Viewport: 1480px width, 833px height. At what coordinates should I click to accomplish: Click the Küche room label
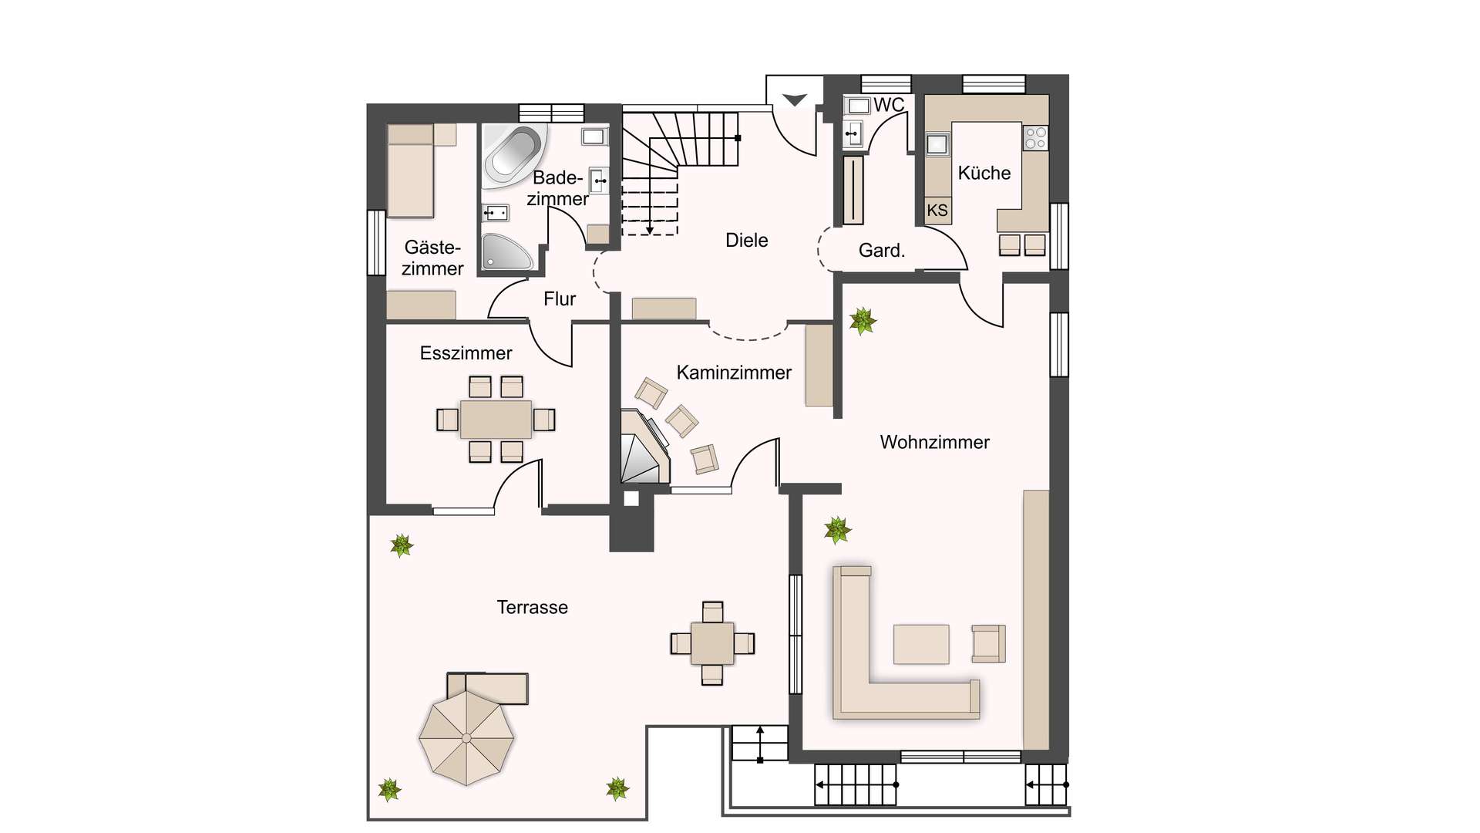pos(984,173)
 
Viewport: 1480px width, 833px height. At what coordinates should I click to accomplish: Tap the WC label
pos(889,105)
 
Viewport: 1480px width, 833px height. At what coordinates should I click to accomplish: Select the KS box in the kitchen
pos(937,211)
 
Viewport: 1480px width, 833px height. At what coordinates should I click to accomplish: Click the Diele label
pos(747,240)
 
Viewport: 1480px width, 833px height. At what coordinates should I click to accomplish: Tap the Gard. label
pos(882,251)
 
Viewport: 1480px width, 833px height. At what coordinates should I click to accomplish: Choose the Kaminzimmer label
pos(734,373)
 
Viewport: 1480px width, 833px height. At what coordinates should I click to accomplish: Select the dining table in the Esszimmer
pos(496,420)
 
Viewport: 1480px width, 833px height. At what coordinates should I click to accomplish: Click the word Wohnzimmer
pos(935,442)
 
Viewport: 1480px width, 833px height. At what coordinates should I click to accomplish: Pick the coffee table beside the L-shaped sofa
pos(921,644)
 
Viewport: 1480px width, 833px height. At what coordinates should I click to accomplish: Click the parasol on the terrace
pos(466,738)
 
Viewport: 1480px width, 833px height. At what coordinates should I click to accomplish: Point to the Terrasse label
pos(533,608)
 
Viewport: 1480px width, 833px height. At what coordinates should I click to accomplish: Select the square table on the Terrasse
pos(712,643)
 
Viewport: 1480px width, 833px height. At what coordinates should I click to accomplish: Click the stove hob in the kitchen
pos(1035,138)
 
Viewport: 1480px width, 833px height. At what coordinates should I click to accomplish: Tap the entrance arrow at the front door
pos(795,99)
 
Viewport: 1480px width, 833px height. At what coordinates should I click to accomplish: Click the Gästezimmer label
pos(432,258)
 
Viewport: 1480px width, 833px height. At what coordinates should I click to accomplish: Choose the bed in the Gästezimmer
pos(411,170)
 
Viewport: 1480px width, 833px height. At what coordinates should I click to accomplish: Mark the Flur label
pos(560,298)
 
